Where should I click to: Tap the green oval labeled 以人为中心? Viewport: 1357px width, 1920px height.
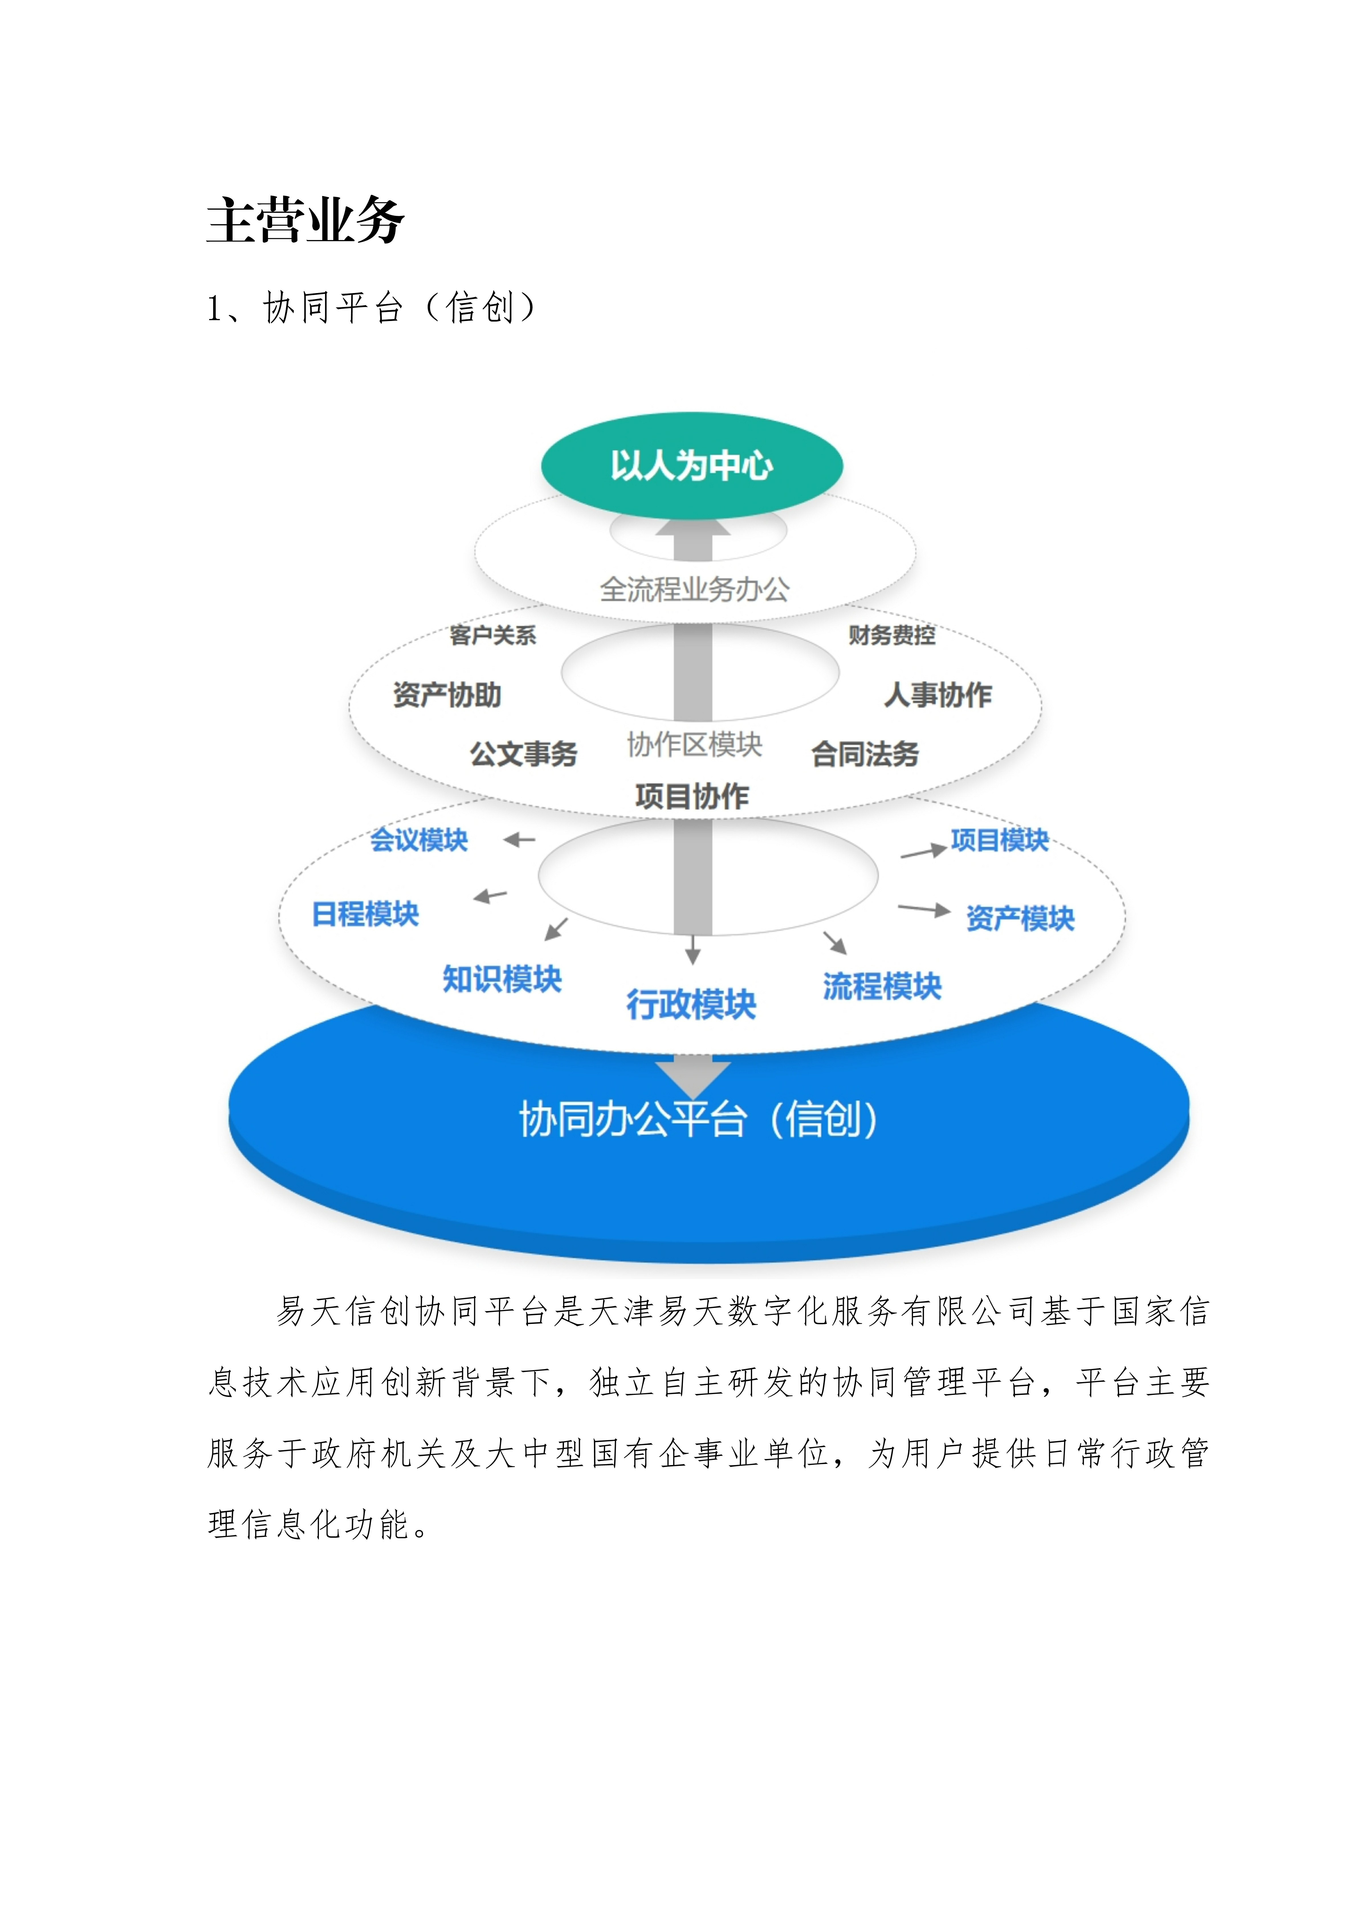691,465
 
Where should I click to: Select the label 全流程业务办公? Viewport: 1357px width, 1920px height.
694,590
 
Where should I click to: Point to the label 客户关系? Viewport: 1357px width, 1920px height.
492,635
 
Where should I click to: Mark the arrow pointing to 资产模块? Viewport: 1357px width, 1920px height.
924,909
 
